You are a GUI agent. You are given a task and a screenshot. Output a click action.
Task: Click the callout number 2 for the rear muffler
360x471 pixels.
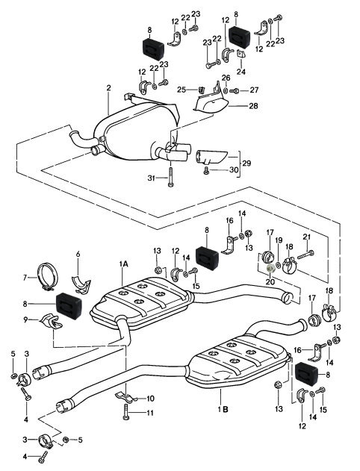tap(108, 88)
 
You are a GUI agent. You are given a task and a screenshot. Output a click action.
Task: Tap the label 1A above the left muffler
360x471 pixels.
tap(123, 264)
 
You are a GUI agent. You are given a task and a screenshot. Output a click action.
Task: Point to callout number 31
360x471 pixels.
tap(151, 178)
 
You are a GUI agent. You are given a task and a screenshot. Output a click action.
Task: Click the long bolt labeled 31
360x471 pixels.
tap(171, 176)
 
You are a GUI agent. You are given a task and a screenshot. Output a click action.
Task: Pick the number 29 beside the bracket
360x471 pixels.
tap(246, 163)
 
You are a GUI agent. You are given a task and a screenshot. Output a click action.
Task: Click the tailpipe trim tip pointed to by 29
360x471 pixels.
tap(212, 157)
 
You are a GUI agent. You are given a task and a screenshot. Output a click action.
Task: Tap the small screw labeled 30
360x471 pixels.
tap(206, 171)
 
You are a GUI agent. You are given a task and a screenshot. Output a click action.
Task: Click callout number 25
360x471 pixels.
tap(181, 90)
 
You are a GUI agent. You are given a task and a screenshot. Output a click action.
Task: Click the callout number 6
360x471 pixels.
tap(78, 255)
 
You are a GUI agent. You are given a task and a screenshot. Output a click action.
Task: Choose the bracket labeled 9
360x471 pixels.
tap(51, 322)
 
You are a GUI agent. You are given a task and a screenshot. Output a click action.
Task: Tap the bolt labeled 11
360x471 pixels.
tap(126, 411)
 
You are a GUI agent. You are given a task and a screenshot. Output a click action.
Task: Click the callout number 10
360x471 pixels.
tap(150, 399)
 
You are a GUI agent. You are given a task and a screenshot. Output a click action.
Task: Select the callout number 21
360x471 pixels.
tap(306, 237)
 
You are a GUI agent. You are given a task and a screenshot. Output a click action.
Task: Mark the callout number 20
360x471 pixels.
tap(270, 281)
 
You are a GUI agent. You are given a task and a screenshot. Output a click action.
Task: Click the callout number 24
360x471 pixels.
tap(241, 72)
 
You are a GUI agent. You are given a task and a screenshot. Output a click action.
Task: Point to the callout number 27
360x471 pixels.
tap(254, 90)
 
